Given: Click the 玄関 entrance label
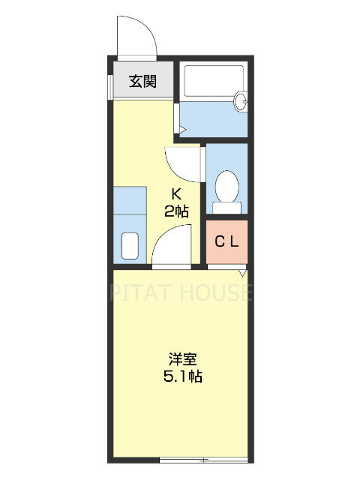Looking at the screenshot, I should [142, 82].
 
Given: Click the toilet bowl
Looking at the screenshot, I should [226, 184].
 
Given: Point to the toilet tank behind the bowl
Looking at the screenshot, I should [226, 207].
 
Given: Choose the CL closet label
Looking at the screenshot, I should [226, 241].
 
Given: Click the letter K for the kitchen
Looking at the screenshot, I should [177, 193].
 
